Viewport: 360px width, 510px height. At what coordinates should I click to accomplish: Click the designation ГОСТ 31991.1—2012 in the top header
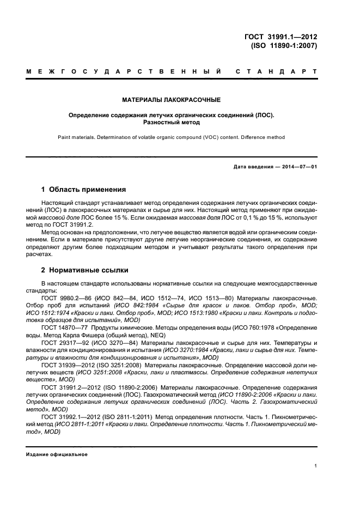[x=281, y=37]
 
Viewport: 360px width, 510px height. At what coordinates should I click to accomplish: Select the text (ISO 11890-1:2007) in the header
[x=283, y=46]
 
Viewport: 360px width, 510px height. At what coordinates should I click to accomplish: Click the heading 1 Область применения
[x=84, y=190]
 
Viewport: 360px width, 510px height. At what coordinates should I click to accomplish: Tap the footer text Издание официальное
[x=57, y=454]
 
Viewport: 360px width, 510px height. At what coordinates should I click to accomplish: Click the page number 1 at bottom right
[x=316, y=466]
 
